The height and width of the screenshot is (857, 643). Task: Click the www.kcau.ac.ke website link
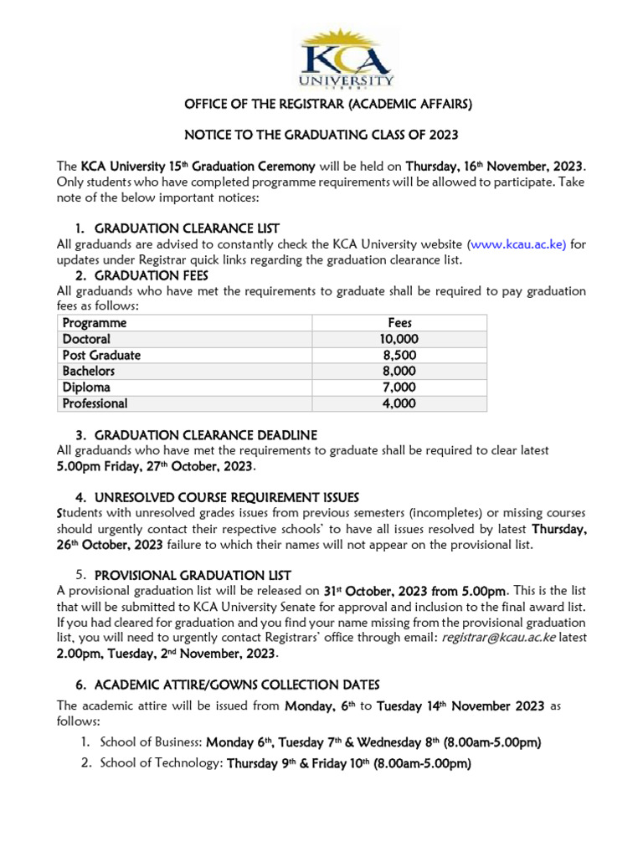(517, 244)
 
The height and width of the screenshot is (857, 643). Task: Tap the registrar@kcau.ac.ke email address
(497, 638)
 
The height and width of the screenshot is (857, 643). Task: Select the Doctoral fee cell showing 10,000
(399, 339)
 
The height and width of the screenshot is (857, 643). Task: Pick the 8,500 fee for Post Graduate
(399, 355)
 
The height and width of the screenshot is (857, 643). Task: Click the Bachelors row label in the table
(89, 371)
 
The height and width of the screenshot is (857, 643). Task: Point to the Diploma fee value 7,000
(399, 387)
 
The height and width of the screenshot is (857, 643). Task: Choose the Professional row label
(95, 403)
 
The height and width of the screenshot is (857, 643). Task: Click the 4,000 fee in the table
(399, 403)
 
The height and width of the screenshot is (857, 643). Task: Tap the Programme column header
(95, 323)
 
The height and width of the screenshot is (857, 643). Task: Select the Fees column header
(399, 323)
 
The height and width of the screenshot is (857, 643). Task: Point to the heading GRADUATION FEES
(152, 275)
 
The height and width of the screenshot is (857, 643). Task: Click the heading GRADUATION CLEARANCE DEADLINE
(206, 435)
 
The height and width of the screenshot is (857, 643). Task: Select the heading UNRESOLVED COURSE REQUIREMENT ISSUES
(227, 497)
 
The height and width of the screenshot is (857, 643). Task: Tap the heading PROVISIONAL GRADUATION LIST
(193, 576)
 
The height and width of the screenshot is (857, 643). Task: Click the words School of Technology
(162, 763)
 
